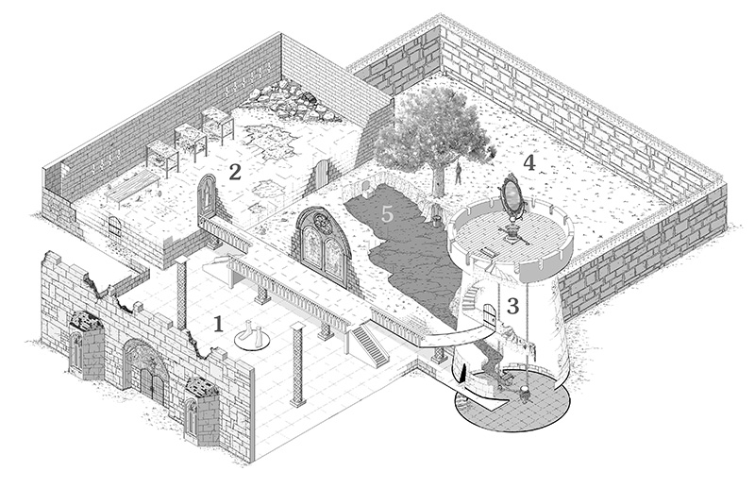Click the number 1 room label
pyautogui.click(x=218, y=324)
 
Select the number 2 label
pyautogui.click(x=235, y=171)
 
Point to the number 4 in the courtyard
pyautogui.click(x=529, y=162)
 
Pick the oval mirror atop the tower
pyautogui.click(x=512, y=194)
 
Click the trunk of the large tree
pyautogui.click(x=438, y=177)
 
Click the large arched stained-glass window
pyautogui.click(x=323, y=241)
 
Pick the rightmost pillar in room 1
pyautogui.click(x=299, y=362)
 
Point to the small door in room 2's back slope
pyautogui.click(x=324, y=174)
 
